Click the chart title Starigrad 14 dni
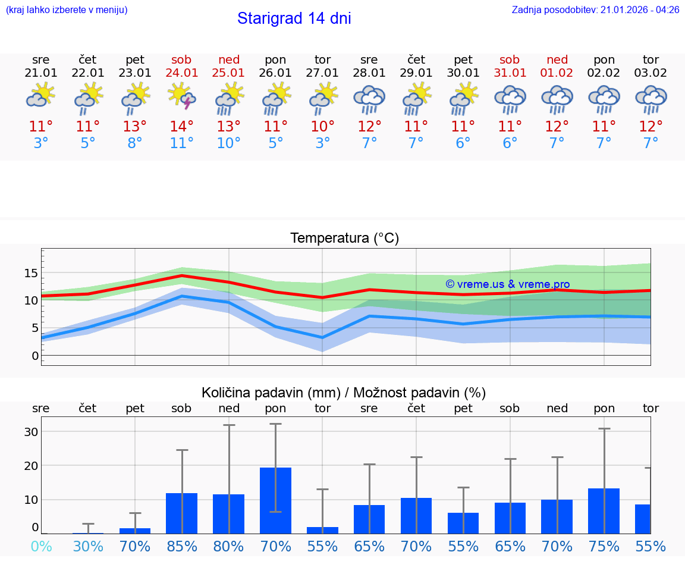pos(294,18)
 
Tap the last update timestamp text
pos(595,10)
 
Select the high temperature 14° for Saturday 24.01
pos(182,126)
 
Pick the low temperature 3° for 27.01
pos(322,143)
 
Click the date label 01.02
pos(557,73)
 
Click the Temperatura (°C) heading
pos(344,239)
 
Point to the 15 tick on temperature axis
pos(31,273)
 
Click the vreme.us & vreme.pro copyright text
pos(507,284)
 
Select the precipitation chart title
pos(344,393)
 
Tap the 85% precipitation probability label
pos(182,547)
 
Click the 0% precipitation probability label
pos(41,547)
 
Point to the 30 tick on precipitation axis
pos(31,432)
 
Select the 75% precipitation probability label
pos(604,547)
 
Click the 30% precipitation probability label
pos(88,547)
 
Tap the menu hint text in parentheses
pos(67,10)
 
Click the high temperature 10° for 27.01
pos(322,126)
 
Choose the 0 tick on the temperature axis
pos(34,356)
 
